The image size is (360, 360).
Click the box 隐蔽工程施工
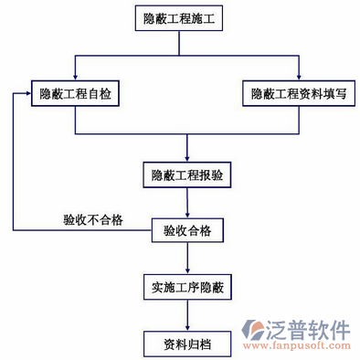point(187,17)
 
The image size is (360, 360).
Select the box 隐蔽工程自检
point(75,93)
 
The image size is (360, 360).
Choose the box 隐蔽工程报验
point(187,174)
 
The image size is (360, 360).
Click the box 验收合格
point(187,230)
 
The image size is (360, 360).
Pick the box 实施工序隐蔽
point(187,288)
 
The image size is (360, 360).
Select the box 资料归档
point(187,343)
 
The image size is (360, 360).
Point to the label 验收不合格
point(93,219)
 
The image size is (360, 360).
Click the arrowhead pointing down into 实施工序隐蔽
point(187,271)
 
